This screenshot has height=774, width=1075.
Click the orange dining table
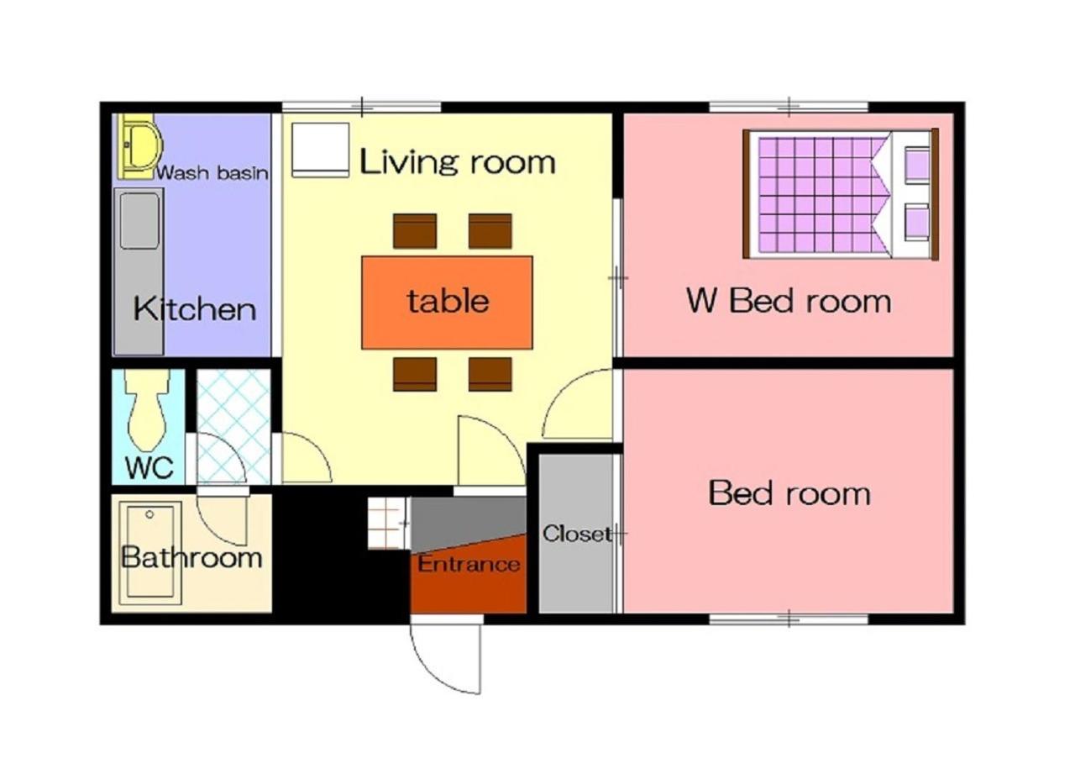[x=447, y=303]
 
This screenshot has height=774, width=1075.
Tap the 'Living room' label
[x=458, y=162]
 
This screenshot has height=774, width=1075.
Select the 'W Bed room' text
[x=789, y=301]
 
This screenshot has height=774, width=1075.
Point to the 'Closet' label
[x=577, y=534]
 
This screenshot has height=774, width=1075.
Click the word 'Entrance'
[x=469, y=564]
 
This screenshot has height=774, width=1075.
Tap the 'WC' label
[x=149, y=467]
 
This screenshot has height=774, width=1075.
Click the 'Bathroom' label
[x=191, y=557]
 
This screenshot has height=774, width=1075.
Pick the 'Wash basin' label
[x=212, y=172]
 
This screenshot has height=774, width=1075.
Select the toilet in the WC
[x=148, y=408]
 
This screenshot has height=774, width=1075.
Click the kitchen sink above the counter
[x=139, y=221]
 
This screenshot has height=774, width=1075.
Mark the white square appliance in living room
[x=320, y=150]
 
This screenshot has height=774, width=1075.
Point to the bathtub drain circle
[x=149, y=514]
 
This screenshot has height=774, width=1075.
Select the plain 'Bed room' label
[x=789, y=493]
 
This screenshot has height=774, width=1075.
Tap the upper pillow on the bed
[x=916, y=163]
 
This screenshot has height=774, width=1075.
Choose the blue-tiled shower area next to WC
[x=233, y=427]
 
